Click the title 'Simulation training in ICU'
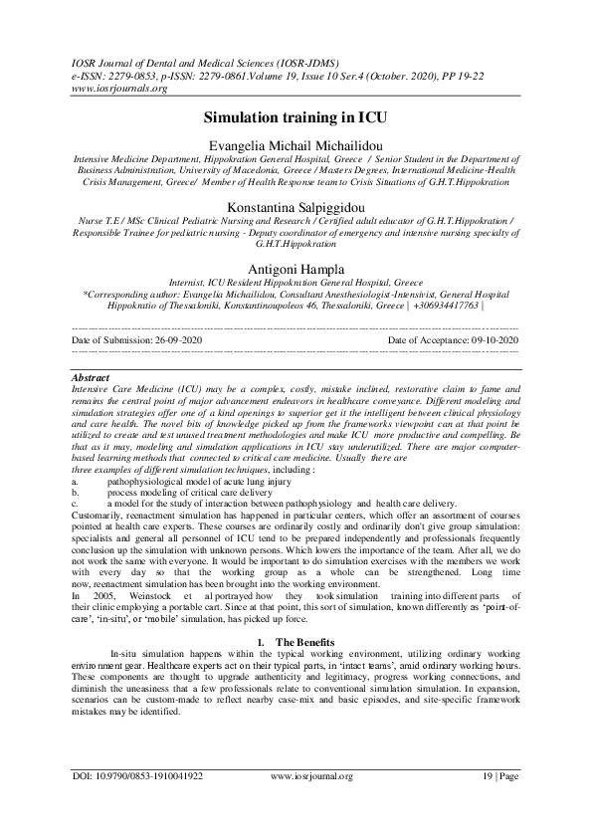[296, 117]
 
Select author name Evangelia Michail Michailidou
[296, 145]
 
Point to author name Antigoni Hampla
[296, 269]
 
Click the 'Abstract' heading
[91, 378]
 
